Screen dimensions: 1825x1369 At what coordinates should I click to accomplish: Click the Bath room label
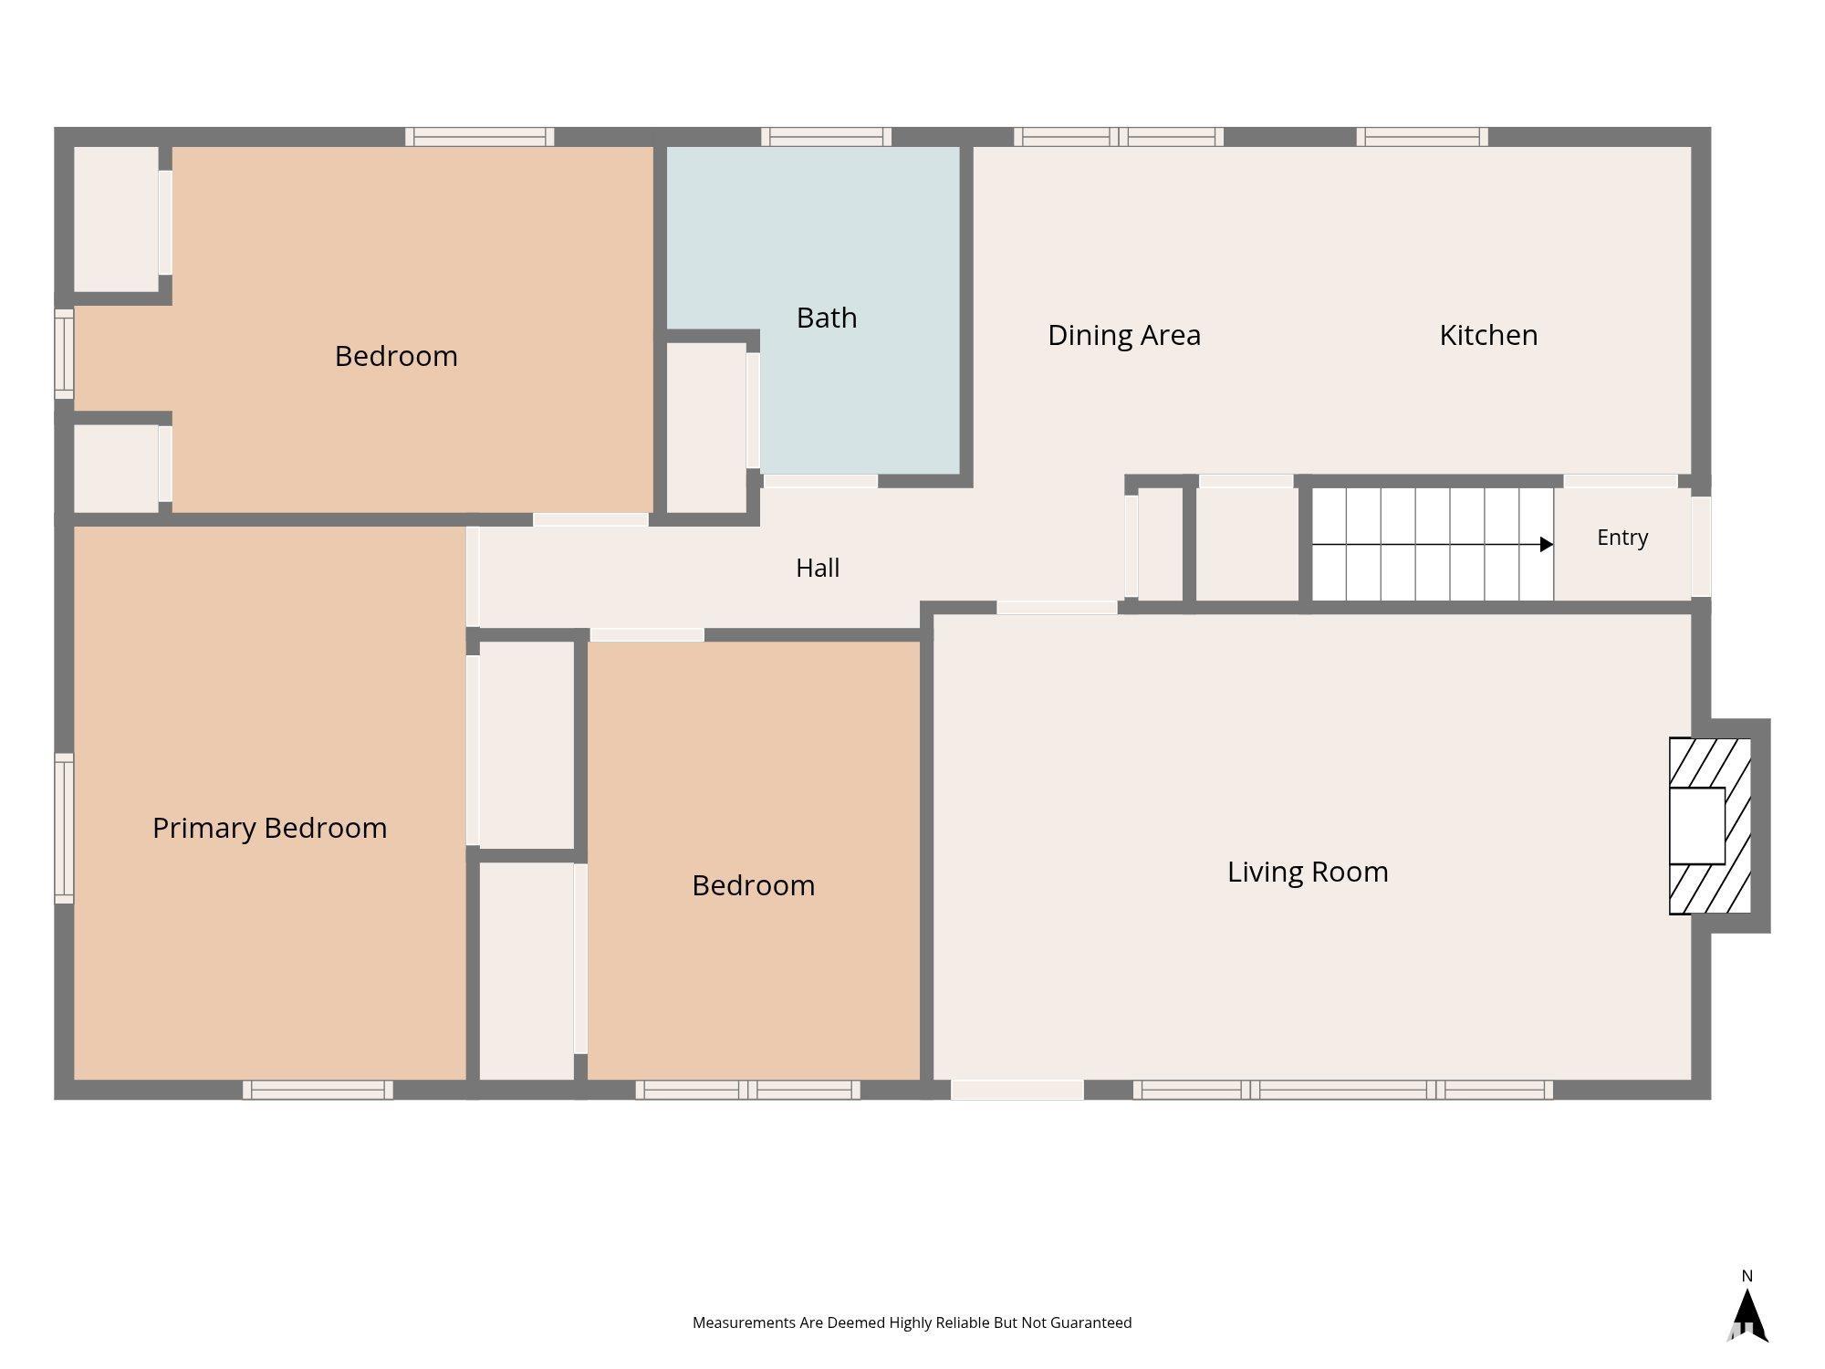pyautogui.click(x=827, y=318)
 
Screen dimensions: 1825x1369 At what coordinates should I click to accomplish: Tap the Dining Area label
pyautogui.click(x=1124, y=336)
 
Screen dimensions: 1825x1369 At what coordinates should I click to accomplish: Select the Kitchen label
pyautogui.click(x=1488, y=335)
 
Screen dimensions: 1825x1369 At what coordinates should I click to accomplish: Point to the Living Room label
pyautogui.click(x=1308, y=873)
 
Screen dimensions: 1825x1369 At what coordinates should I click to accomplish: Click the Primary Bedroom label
pyautogui.click(x=270, y=829)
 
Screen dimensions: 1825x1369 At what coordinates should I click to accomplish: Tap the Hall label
pyautogui.click(x=818, y=568)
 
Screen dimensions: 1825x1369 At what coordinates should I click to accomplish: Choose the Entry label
pyautogui.click(x=1622, y=538)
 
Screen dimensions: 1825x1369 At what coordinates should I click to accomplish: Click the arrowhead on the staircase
pyautogui.click(x=1547, y=545)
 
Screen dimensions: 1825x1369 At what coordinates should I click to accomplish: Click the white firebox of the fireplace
pyautogui.click(x=1697, y=826)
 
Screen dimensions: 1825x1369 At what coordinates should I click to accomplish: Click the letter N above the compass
pyautogui.click(x=1747, y=1276)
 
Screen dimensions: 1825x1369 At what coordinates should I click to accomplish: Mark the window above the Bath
pyautogui.click(x=827, y=137)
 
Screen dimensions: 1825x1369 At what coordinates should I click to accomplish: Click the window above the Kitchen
pyautogui.click(x=1422, y=137)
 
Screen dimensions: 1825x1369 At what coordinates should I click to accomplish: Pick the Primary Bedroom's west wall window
pyautogui.click(x=64, y=828)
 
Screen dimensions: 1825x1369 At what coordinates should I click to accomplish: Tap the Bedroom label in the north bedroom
pyautogui.click(x=396, y=356)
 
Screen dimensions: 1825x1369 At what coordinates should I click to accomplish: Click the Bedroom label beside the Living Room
pyautogui.click(x=754, y=885)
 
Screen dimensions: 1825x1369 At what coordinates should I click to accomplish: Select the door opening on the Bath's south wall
pyautogui.click(x=820, y=481)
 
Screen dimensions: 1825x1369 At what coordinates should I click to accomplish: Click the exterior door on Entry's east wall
pyautogui.click(x=1701, y=547)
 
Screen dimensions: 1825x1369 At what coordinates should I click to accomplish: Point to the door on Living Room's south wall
pyautogui.click(x=1017, y=1090)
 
